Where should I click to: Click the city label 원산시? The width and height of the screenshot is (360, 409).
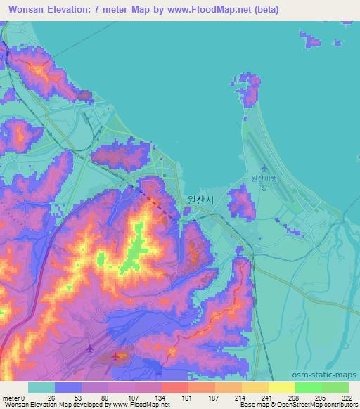200,199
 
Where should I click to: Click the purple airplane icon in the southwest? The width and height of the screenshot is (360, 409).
89,348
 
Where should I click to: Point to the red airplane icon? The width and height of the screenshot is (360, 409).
116,356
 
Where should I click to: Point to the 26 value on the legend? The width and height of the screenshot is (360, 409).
51,397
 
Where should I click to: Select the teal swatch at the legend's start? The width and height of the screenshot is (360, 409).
41,387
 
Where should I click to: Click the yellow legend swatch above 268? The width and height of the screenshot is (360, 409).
282,387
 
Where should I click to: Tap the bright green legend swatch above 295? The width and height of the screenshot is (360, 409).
309,387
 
